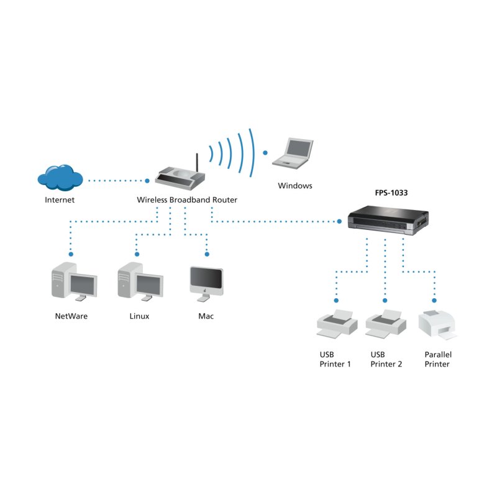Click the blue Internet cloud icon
click(60, 178)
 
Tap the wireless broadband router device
click(180, 178)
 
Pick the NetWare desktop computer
click(73, 282)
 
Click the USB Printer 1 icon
click(337, 323)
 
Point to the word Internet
click(60, 200)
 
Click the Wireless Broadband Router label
click(186, 200)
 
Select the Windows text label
click(294, 186)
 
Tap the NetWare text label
click(71, 316)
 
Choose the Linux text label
click(139, 316)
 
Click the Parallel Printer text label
click(437, 359)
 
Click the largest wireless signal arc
click(252, 152)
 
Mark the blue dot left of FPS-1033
click(340, 221)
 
